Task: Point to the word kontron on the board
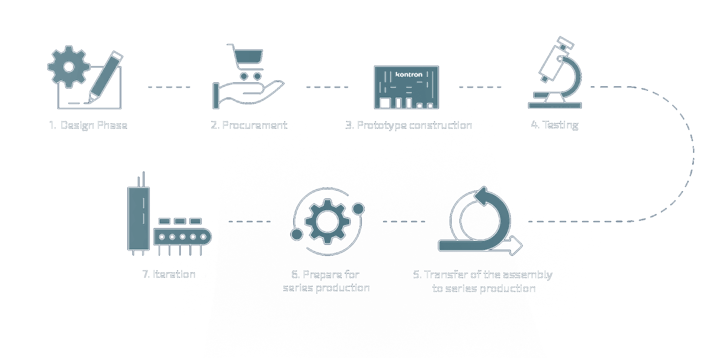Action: (409, 75)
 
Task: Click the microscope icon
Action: (556, 73)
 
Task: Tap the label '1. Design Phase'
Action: (88, 125)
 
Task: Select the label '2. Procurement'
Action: (249, 125)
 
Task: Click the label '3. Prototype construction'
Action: (409, 125)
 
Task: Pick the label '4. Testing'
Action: (555, 125)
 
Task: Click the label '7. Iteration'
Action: (169, 274)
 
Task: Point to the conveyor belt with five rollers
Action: (183, 237)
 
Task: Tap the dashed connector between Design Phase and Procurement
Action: (169, 87)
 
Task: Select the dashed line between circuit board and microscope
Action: (480, 87)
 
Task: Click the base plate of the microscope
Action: (555, 105)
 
